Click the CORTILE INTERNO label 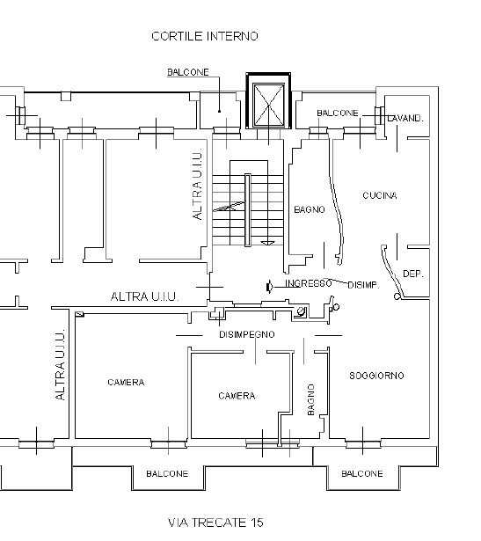[x=205, y=36]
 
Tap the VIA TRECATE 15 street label [x=215, y=523]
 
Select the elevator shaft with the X [x=268, y=101]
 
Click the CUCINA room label [x=380, y=195]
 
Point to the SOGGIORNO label [x=376, y=376]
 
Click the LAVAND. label [x=405, y=119]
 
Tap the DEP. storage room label [x=412, y=274]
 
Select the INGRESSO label [x=309, y=283]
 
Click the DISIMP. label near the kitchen [x=363, y=285]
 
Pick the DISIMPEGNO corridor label [x=247, y=334]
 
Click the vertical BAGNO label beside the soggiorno [x=311, y=399]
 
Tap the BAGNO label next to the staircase [x=310, y=209]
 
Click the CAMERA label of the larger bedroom [x=126, y=383]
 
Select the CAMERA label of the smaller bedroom [x=237, y=396]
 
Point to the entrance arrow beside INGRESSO [x=270, y=287]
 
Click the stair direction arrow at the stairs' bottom [x=267, y=244]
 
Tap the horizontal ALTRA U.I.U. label [x=144, y=296]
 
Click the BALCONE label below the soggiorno [x=362, y=474]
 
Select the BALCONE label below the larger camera [x=167, y=474]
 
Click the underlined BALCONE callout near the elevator [x=188, y=72]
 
